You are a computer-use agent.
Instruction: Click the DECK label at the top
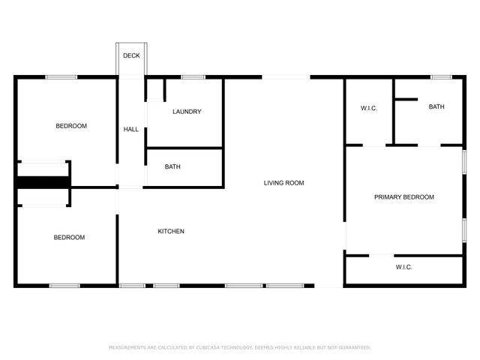[x=131, y=55]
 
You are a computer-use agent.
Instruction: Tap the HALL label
[x=131, y=130]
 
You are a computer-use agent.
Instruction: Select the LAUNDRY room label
[x=187, y=112]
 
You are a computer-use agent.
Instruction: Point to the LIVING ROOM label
[x=283, y=183]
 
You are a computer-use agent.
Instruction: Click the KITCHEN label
[x=171, y=231]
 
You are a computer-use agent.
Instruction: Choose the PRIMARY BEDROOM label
[x=404, y=197]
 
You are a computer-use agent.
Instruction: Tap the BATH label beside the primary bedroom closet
[x=436, y=107]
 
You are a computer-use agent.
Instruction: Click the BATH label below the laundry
[x=172, y=166]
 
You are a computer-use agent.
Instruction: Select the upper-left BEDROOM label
[x=71, y=126]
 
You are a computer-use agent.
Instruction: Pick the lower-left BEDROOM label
[x=69, y=238]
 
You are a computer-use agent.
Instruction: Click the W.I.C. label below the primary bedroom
[x=404, y=268]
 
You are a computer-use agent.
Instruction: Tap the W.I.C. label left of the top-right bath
[x=369, y=109]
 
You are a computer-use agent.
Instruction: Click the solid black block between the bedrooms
[x=43, y=182]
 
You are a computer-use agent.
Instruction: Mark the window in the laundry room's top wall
[x=193, y=77]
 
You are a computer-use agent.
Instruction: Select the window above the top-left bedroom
[x=61, y=77]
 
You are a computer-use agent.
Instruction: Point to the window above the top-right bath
[x=441, y=77]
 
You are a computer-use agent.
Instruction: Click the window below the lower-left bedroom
[x=64, y=285]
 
